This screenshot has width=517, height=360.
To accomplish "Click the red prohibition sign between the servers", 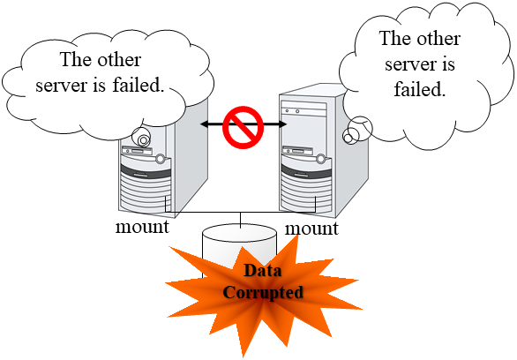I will [242, 126].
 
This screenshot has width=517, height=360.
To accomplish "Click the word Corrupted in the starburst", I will [263, 292].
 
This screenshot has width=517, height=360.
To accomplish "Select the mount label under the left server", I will [142, 227].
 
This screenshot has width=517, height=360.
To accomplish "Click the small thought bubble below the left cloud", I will [139, 138].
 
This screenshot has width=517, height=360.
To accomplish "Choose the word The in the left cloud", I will [74, 61].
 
